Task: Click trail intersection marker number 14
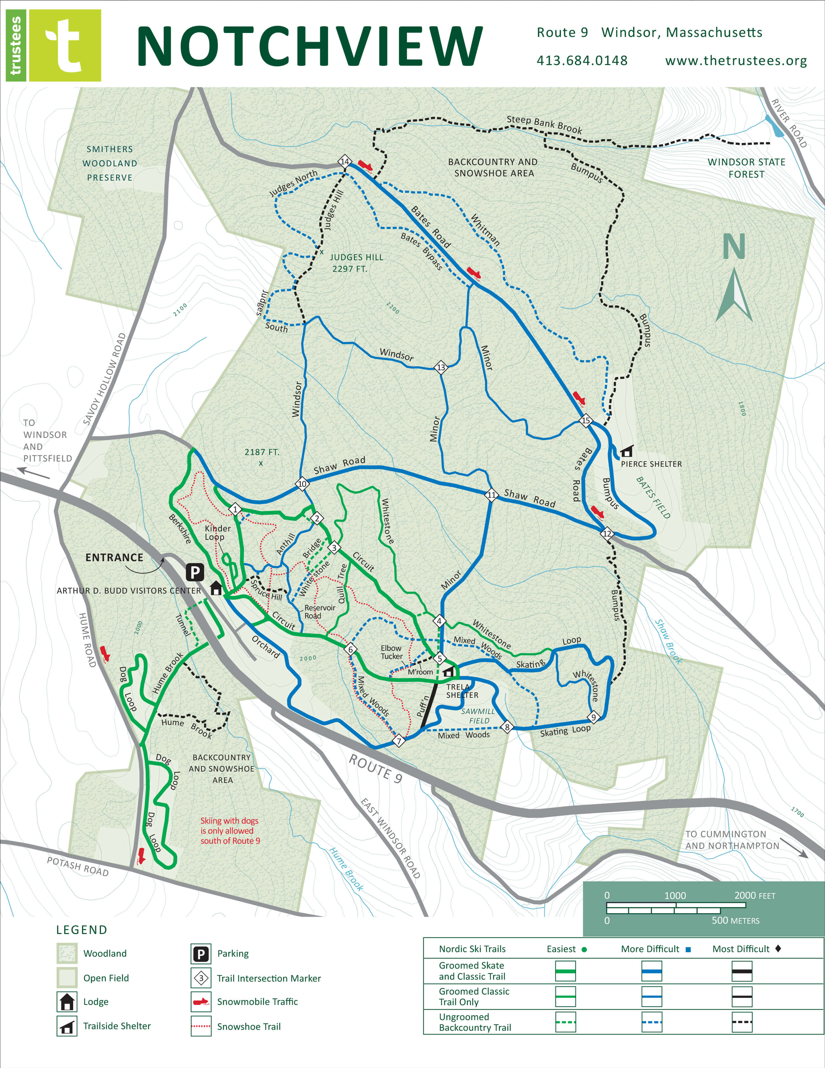pos(345,161)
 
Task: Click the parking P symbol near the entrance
pos(195,572)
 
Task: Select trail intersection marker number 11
pos(491,495)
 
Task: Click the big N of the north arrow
pos(734,247)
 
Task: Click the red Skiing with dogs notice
pos(230,830)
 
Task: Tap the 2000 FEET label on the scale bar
pos(754,895)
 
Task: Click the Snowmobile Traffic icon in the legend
pos(201,1001)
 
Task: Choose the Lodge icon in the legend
pos(67,1001)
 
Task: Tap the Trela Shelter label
pos(462,691)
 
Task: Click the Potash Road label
pos(78,866)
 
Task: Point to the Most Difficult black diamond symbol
pos(778,949)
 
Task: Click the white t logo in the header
pos(65,45)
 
